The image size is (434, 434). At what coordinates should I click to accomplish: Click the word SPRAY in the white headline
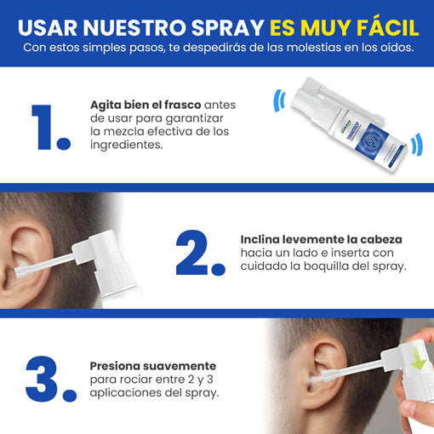click(x=228, y=28)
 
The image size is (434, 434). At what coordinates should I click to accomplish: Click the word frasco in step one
click(x=183, y=105)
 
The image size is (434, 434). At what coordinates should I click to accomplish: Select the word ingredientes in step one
click(x=127, y=145)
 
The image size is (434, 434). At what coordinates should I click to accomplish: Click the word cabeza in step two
click(x=381, y=240)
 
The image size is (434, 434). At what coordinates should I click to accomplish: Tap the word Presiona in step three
click(x=115, y=366)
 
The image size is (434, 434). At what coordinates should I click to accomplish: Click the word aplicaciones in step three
click(x=124, y=393)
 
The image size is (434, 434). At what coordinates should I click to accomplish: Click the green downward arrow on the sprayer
click(x=419, y=359)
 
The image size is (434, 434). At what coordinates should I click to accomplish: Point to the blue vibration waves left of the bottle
click(x=279, y=101)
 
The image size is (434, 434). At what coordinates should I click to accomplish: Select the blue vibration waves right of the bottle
click(x=417, y=144)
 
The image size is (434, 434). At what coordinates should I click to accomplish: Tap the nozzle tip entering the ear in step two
click(x=20, y=271)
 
